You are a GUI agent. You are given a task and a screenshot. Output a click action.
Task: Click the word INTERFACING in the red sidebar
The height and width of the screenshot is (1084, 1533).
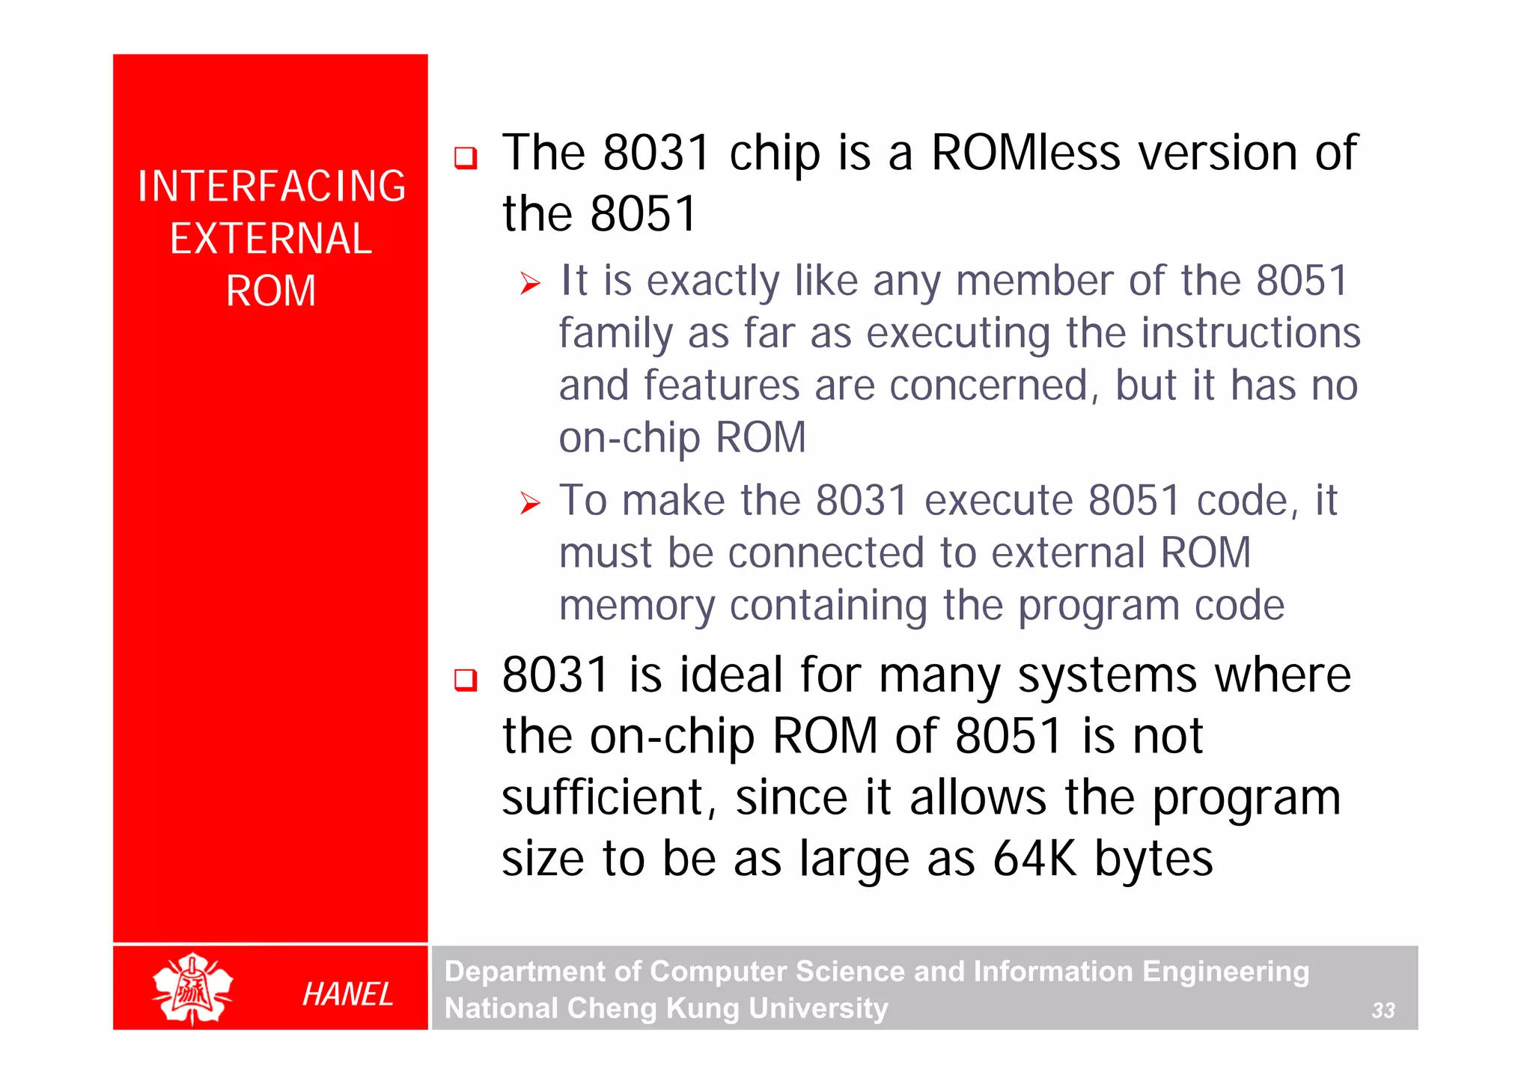tap(272, 186)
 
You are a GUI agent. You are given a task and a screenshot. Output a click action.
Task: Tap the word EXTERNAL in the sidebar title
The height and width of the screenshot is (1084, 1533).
tap(271, 239)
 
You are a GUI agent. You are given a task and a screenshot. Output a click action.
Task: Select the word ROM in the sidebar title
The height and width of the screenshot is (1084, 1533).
tap(271, 291)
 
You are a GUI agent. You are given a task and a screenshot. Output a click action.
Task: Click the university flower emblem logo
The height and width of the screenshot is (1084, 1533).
tap(192, 989)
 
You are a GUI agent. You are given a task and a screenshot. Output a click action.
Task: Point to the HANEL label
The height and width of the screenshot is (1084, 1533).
tap(348, 994)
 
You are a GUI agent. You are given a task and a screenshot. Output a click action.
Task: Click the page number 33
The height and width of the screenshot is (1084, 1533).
tap(1383, 1011)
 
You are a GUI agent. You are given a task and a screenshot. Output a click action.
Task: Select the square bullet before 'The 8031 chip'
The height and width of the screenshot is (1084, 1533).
tap(466, 158)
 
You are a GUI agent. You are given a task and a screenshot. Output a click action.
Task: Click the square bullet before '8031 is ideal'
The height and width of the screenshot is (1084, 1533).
tap(466, 680)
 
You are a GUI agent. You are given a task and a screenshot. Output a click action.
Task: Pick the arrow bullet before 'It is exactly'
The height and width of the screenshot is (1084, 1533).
tap(530, 284)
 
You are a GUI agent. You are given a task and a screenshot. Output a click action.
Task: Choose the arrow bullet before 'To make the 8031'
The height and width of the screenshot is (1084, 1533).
tap(530, 503)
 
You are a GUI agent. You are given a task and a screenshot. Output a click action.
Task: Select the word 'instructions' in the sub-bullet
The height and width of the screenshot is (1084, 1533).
tap(1251, 333)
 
